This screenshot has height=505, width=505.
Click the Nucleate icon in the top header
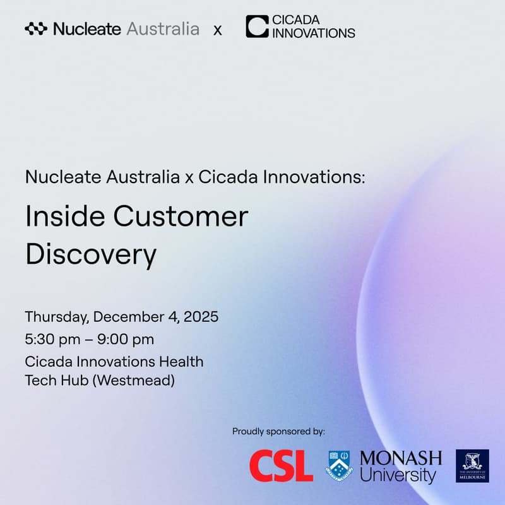36,29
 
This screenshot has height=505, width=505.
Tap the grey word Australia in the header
163,29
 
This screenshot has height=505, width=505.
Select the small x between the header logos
218,30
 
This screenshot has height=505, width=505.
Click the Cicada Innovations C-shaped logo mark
257,27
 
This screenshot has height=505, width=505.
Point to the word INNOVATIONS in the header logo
314,33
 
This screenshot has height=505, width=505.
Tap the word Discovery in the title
90,254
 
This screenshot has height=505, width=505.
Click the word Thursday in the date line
58,317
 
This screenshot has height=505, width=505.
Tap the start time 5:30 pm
52,340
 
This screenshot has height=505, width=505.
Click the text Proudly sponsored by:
278,432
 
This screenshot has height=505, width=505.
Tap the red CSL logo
281,466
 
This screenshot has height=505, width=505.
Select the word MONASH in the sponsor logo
401,458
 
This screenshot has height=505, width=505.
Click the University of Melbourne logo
472,466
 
